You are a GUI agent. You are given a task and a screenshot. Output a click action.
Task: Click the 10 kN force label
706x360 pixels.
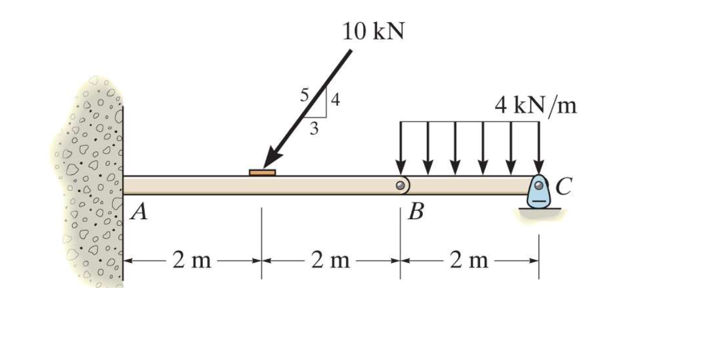point(373,32)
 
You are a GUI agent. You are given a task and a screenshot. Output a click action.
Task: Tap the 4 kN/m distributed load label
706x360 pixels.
point(536,106)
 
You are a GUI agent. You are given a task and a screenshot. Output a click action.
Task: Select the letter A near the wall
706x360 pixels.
point(139,211)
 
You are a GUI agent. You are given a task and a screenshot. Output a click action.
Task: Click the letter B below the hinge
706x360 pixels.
point(416,211)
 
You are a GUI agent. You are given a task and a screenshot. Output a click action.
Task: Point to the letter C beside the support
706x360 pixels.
point(564,186)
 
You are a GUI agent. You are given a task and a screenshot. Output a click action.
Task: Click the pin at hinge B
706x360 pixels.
point(400,185)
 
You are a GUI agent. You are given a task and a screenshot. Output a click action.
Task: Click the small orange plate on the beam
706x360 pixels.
point(262,173)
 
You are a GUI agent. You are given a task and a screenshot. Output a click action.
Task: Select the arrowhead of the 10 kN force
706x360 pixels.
point(272,157)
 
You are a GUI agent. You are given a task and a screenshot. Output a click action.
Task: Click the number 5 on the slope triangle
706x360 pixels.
point(304,95)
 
